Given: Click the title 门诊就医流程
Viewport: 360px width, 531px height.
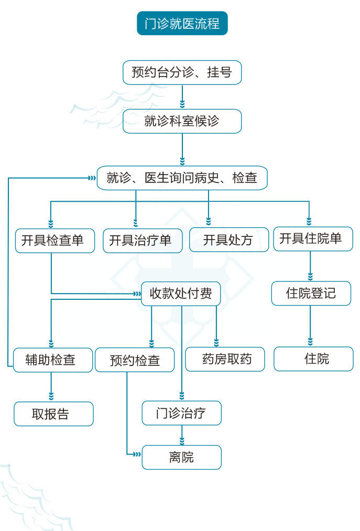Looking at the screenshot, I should click(x=182, y=24).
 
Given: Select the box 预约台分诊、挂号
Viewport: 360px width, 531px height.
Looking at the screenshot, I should click(x=182, y=72).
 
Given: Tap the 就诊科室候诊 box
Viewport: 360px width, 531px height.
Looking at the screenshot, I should click(x=182, y=121).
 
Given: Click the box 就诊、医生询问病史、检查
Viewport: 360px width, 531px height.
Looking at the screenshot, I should click(x=182, y=178).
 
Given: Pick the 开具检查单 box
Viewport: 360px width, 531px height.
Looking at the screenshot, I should click(x=54, y=241).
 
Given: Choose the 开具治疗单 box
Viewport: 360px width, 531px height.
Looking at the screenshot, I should click(x=143, y=241).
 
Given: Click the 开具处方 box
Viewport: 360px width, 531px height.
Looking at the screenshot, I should click(x=228, y=241).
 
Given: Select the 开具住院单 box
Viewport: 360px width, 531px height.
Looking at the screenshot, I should click(x=313, y=239).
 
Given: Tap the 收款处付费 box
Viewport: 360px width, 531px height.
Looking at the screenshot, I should click(x=181, y=294).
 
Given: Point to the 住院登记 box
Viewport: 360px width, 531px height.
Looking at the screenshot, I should click(x=311, y=293).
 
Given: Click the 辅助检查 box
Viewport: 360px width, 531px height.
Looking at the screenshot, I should click(x=52, y=360).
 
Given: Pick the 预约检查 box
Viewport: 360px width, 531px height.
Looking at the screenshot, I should click(x=135, y=360).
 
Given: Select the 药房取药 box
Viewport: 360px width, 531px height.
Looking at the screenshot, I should click(x=225, y=359).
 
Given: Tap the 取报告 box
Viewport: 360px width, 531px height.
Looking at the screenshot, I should click(x=53, y=414).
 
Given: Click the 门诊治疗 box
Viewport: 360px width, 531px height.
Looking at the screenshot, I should click(x=181, y=413).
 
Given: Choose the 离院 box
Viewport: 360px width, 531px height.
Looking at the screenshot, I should click(x=181, y=457).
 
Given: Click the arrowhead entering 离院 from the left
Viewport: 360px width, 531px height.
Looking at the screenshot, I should click(x=137, y=453).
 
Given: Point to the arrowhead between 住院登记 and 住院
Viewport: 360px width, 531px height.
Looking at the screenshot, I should click(x=310, y=341).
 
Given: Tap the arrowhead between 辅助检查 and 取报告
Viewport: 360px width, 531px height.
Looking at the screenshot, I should click(x=51, y=396).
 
